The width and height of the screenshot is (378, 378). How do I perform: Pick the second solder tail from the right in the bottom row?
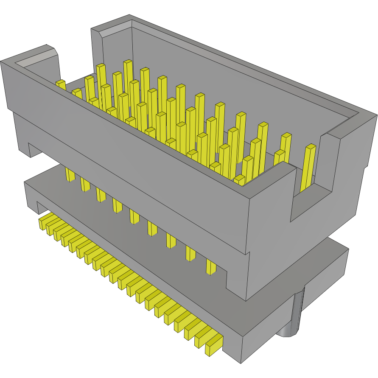click(x=203, y=338)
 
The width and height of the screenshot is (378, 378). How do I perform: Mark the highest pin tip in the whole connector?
click(x=128, y=64)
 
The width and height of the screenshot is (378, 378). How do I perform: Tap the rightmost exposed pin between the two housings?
click(x=211, y=266)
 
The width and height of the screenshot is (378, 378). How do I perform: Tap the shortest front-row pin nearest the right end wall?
click(x=240, y=180)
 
